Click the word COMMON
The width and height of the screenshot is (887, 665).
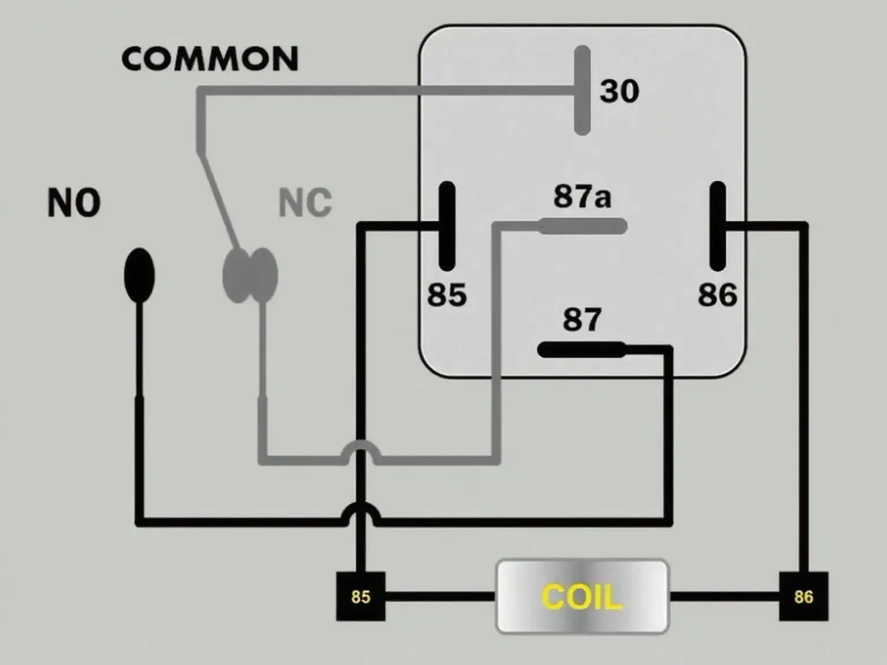pyautogui.click(x=210, y=59)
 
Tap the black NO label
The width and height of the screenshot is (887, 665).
pyautogui.click(x=74, y=203)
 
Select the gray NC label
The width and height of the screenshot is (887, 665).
pyautogui.click(x=305, y=202)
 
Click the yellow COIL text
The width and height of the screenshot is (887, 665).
pyautogui.click(x=582, y=597)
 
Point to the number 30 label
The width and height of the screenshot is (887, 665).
pyautogui.click(x=619, y=91)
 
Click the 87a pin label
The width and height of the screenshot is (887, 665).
pyautogui.click(x=582, y=196)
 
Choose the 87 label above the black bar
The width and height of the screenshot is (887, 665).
pyautogui.click(x=582, y=319)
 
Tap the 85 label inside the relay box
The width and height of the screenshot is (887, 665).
pyautogui.click(x=447, y=294)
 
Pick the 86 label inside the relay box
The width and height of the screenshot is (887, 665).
pyautogui.click(x=718, y=294)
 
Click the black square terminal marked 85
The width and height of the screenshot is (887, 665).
pyautogui.click(x=361, y=596)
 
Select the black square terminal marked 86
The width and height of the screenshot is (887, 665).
pyautogui.click(x=803, y=596)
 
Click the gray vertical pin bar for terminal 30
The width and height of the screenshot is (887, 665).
pyautogui.click(x=582, y=91)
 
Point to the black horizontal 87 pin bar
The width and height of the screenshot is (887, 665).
pyautogui.click(x=581, y=349)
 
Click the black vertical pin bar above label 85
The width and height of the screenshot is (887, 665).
pyautogui.click(x=447, y=226)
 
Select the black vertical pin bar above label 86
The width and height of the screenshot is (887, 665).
pyautogui.click(x=717, y=226)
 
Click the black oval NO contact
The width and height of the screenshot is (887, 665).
pyautogui.click(x=140, y=275)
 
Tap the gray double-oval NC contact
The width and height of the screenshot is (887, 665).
pyautogui.click(x=251, y=275)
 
